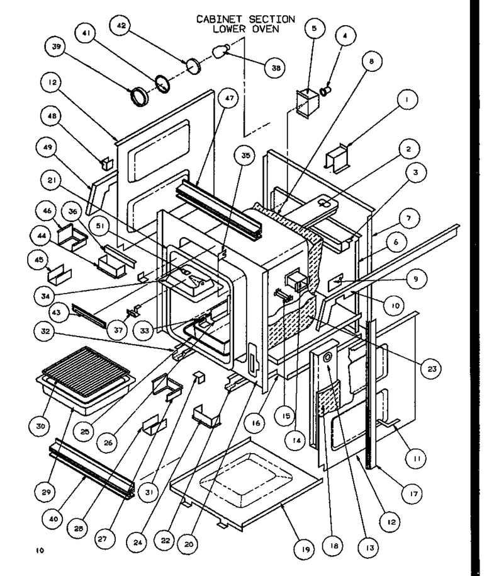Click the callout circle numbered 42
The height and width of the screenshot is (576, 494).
click(121, 26)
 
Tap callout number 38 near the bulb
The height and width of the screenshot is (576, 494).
click(276, 67)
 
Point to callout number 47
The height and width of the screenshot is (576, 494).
click(229, 98)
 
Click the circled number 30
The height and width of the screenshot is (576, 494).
click(40, 426)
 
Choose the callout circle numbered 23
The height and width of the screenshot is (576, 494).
click(432, 369)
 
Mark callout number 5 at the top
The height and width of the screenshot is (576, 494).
click(314, 28)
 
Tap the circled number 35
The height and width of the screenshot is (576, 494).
click(245, 156)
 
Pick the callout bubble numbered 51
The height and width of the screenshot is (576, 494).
click(100, 226)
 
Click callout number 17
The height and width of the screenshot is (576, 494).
click(413, 493)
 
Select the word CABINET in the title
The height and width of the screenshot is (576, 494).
click(219, 19)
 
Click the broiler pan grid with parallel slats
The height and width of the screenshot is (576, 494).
click(86, 371)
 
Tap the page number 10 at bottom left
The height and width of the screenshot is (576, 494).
click(40, 550)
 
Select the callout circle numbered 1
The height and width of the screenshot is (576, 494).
click(407, 99)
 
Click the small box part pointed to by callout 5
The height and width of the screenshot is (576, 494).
click(307, 104)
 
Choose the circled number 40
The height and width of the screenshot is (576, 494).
click(53, 519)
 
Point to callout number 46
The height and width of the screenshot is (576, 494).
click(47, 211)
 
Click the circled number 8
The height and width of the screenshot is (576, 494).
click(371, 61)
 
